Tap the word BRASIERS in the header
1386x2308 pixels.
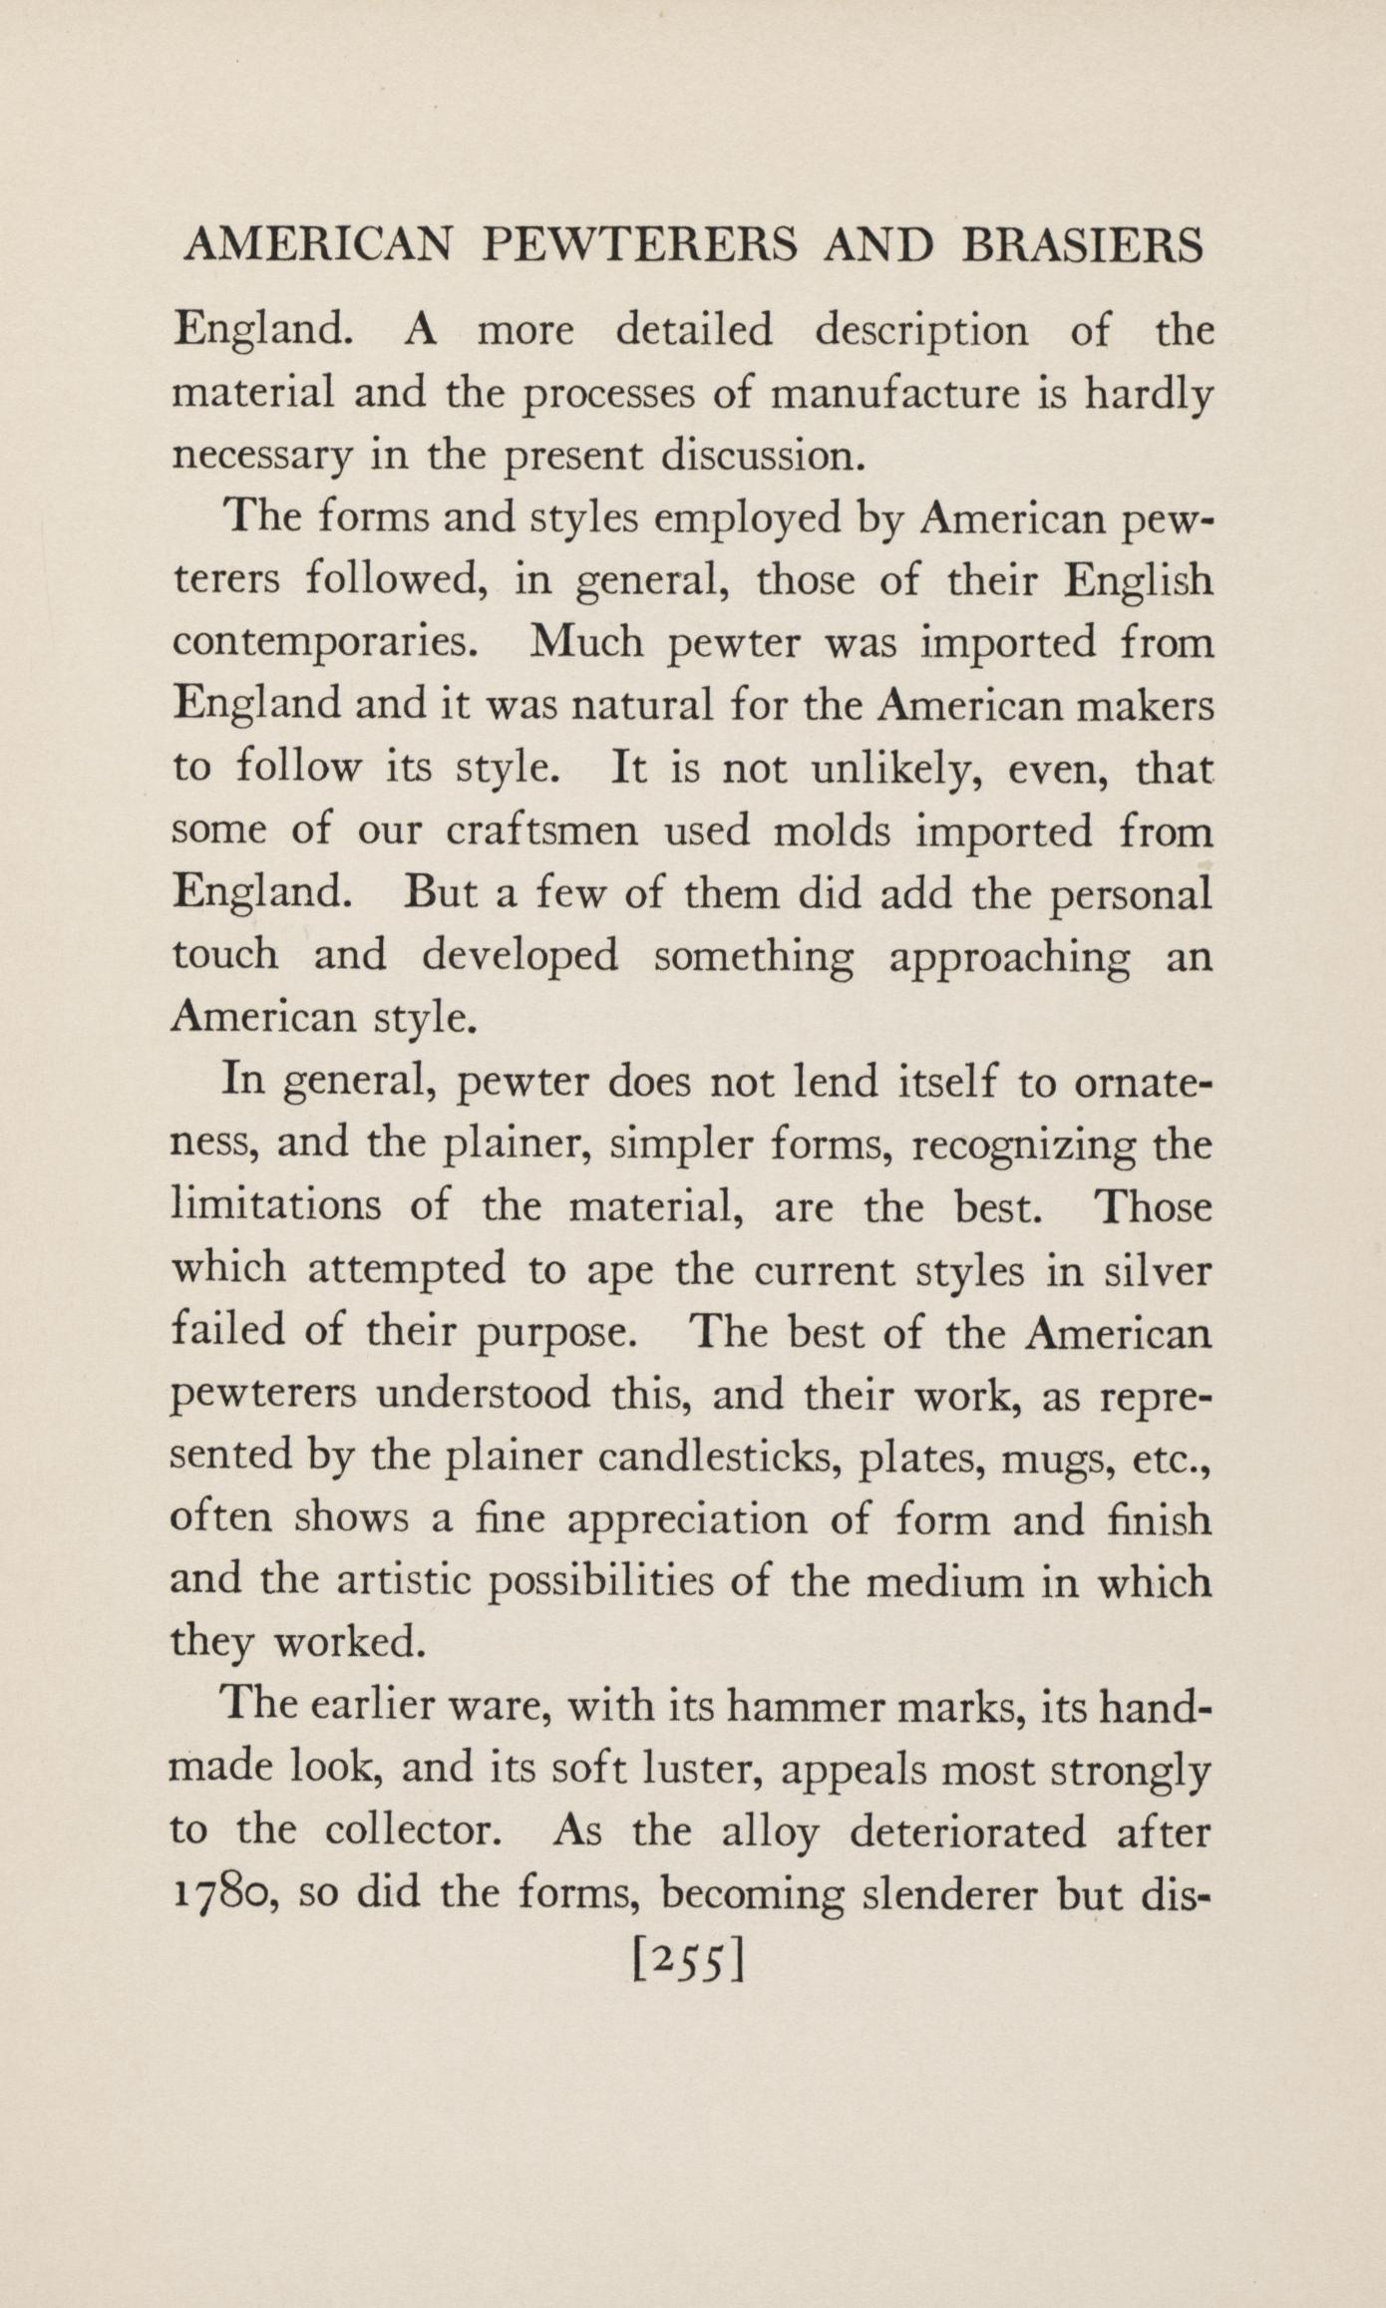(1082, 245)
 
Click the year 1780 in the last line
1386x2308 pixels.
(222, 1893)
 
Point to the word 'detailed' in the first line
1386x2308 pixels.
(694, 330)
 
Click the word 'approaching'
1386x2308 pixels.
(1008, 957)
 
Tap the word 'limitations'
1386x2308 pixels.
(277, 1207)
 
